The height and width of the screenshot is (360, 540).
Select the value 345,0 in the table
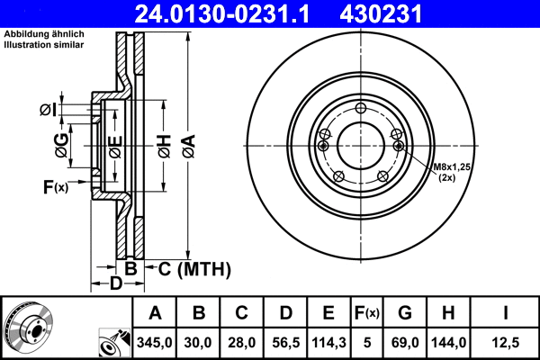pos(155,342)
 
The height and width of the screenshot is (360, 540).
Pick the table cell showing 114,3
pos(328,342)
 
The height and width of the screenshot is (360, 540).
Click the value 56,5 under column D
pos(285,342)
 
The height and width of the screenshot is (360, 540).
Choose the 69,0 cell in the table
pos(405,342)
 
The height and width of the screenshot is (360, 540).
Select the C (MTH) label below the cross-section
pos(194,268)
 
